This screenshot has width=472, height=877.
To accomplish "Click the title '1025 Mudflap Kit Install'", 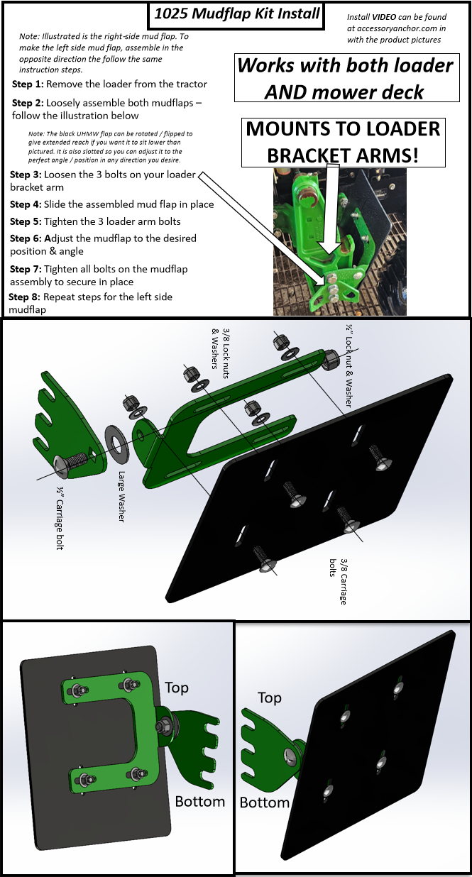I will (x=235, y=14).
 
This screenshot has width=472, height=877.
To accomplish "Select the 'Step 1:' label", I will (x=28, y=84).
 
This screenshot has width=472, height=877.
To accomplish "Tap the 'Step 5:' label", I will (x=27, y=221).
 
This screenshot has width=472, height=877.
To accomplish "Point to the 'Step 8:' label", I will (x=25, y=297).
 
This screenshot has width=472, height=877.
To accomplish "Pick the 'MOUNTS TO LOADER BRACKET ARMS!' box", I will (x=343, y=143).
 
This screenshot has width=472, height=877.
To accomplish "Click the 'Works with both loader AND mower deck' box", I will (x=345, y=78).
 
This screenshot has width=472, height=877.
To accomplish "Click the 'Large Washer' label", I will (x=122, y=497).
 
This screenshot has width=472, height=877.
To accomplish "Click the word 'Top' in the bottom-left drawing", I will (x=177, y=688).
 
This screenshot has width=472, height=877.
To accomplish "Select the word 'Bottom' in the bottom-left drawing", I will (x=200, y=801).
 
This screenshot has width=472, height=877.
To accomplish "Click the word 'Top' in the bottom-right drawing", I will (x=270, y=698).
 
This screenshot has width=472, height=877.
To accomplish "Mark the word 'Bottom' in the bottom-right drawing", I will (x=264, y=802).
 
